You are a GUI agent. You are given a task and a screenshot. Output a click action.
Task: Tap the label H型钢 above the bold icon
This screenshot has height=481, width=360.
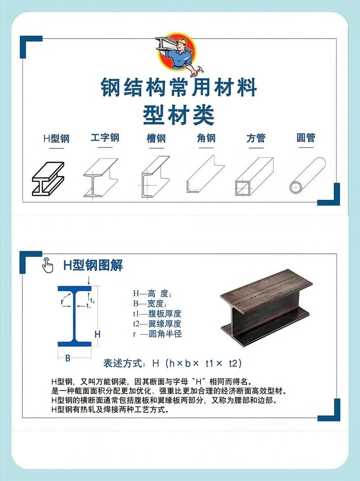coord(56,138)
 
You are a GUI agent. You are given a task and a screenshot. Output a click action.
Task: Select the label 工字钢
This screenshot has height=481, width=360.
coord(105,138)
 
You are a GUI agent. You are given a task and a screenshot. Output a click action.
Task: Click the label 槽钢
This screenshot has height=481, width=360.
coord(156,138)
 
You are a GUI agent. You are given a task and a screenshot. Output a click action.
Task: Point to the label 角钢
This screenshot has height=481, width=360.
coord(206,138)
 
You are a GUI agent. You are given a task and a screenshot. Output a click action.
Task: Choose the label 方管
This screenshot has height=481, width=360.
coord(256,138)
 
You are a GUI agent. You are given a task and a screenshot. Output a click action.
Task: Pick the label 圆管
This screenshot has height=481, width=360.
coord(306,138)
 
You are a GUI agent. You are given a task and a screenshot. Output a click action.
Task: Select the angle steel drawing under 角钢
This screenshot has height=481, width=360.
coord(205,175)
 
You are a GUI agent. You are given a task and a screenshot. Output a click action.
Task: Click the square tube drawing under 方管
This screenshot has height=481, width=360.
coord(254,175)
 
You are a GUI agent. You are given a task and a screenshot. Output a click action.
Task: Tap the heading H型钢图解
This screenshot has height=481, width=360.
coord(93,265)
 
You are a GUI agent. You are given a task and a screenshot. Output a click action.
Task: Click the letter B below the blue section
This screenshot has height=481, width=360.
coord(68,358)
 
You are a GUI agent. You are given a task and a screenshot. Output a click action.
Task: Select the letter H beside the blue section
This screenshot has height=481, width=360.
coord(97,334)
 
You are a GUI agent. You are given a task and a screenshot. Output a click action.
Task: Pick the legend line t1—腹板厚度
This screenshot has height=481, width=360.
coord(157,314)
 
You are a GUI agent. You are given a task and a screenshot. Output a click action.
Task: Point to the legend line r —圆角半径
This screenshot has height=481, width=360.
coord(157,334)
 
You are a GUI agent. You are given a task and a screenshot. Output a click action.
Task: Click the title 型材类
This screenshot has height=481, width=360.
coord(179,115)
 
